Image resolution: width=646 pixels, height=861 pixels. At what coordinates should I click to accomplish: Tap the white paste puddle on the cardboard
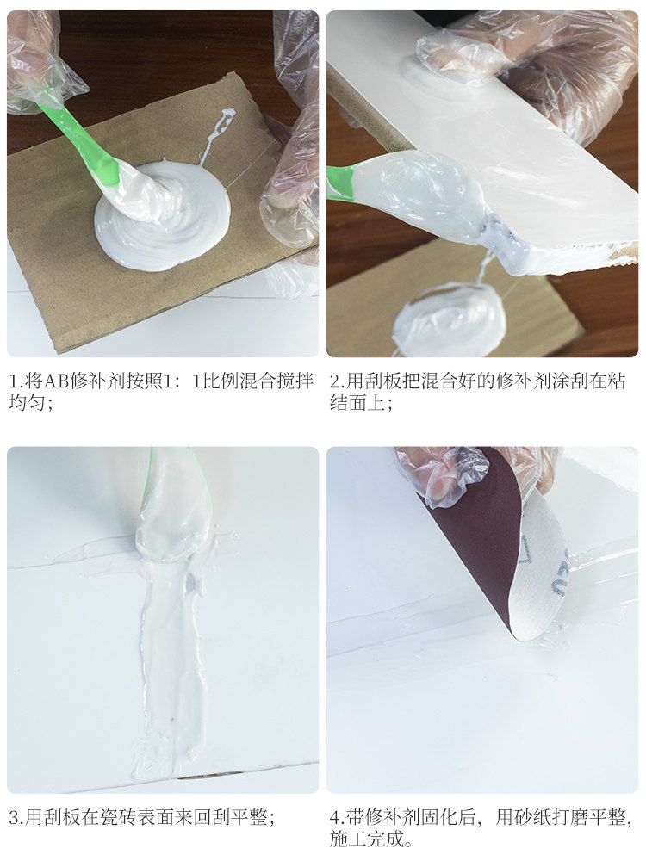tap(159, 215)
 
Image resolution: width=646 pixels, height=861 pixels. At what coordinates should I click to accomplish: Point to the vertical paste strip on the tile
tap(171, 659)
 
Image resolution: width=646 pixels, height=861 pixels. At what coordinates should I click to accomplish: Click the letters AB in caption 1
tap(54, 381)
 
